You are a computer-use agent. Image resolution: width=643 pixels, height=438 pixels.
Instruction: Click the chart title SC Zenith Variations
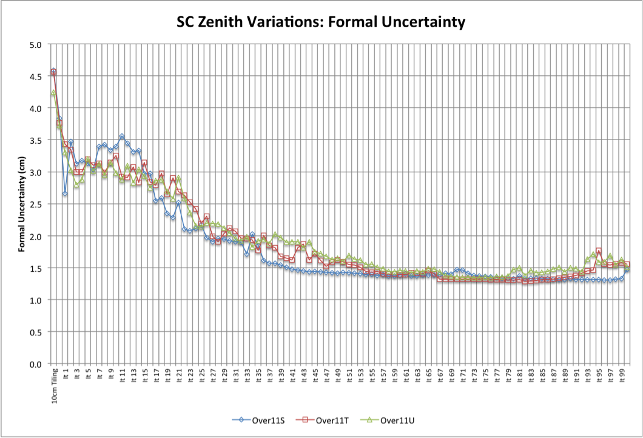tap(321, 23)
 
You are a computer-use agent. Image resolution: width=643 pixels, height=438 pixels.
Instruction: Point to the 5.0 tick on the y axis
tap(35, 44)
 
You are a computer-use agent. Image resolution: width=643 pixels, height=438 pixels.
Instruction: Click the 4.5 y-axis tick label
tap(35, 76)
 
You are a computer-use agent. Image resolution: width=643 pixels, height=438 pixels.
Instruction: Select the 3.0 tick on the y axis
tap(35, 172)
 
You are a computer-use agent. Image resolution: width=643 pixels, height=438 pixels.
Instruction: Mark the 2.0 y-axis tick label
tap(35, 236)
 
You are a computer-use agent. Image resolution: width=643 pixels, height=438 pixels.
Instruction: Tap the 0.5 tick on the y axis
tap(35, 332)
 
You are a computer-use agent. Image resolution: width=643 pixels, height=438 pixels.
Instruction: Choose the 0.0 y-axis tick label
tap(35, 364)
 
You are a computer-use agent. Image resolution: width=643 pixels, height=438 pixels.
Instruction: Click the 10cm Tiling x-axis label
tap(54, 385)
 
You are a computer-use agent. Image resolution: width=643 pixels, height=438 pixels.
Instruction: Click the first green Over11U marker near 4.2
tap(53, 93)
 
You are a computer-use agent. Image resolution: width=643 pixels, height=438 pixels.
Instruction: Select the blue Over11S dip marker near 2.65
tap(65, 194)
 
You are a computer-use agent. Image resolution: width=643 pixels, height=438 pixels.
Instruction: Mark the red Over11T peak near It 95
tap(599, 251)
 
